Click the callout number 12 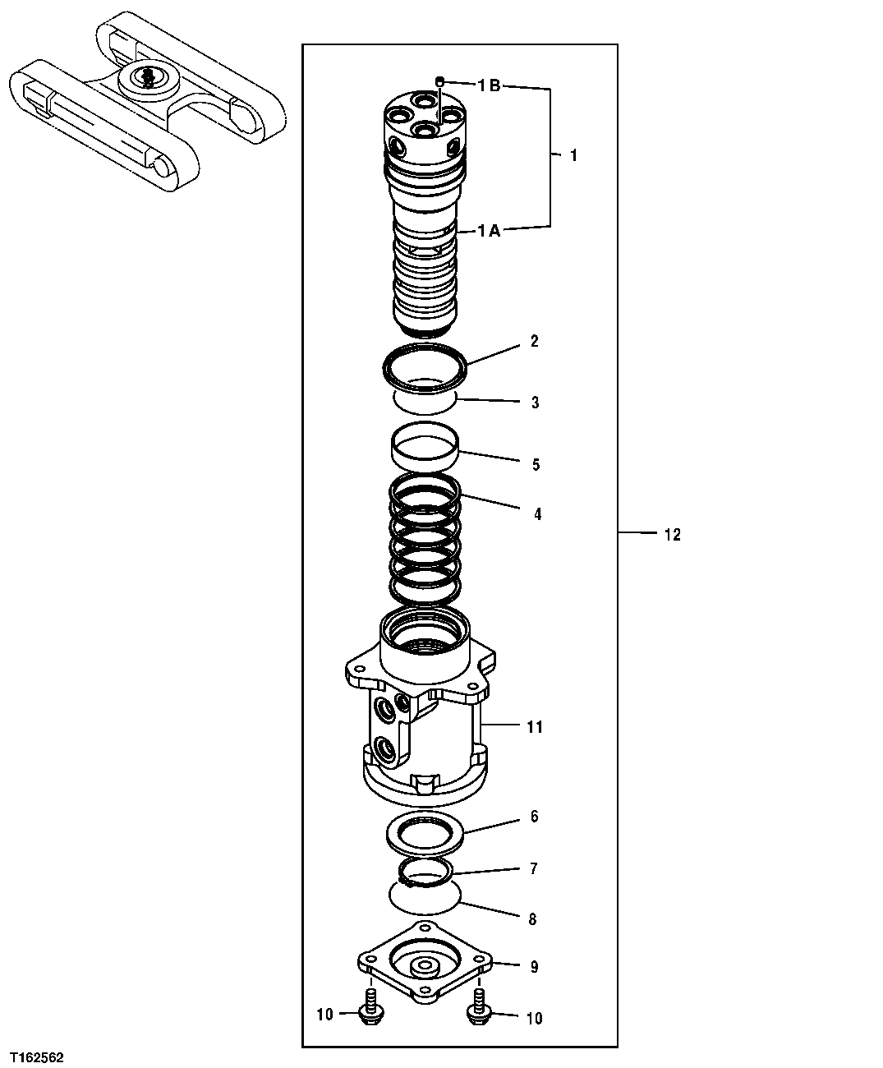click(x=672, y=535)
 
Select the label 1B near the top click(x=489, y=85)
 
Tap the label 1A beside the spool click(x=489, y=232)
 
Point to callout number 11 click(x=535, y=727)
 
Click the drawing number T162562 click(x=37, y=1056)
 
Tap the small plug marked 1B click(x=440, y=81)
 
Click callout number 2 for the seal click(x=534, y=341)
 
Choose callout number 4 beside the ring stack click(x=537, y=515)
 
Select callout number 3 click(x=535, y=403)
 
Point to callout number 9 click(x=534, y=967)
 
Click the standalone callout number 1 click(x=573, y=155)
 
